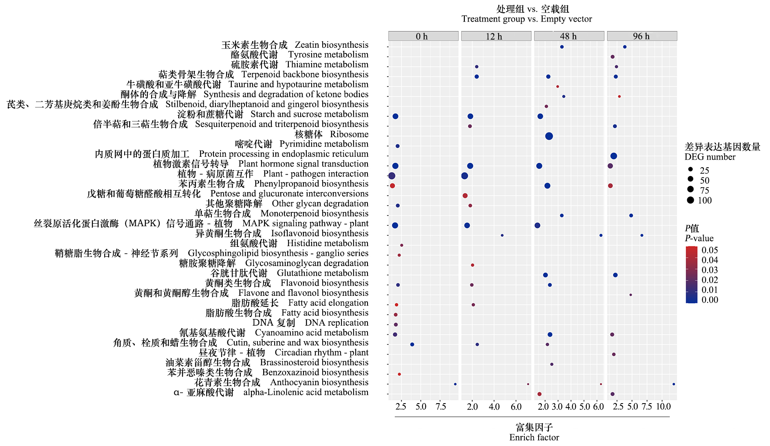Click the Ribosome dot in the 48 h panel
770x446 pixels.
tap(549, 136)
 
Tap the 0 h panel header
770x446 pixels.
tap(423, 36)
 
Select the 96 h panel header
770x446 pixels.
tap(642, 36)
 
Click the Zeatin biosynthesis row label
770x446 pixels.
tap(295, 45)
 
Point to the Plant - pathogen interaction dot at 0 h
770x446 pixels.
tap(392, 176)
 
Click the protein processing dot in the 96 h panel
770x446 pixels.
tap(614, 156)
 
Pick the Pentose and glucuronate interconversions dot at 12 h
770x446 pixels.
tap(465, 196)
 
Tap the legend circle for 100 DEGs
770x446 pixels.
tap(690, 200)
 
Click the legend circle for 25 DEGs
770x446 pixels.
tap(690, 169)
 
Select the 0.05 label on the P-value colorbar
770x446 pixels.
tap(709, 250)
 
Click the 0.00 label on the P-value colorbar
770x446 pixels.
tap(709, 300)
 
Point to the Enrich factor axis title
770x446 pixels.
tap(534, 437)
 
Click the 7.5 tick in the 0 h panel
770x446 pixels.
tap(441, 406)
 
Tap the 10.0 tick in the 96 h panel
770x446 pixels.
tap(663, 406)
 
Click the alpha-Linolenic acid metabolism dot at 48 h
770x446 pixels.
tap(539, 394)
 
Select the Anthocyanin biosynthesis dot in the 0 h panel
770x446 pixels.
tap(455, 384)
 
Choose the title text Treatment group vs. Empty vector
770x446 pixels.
tap(526, 19)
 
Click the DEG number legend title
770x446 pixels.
tap(710, 157)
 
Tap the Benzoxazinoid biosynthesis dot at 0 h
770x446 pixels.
tap(399, 374)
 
